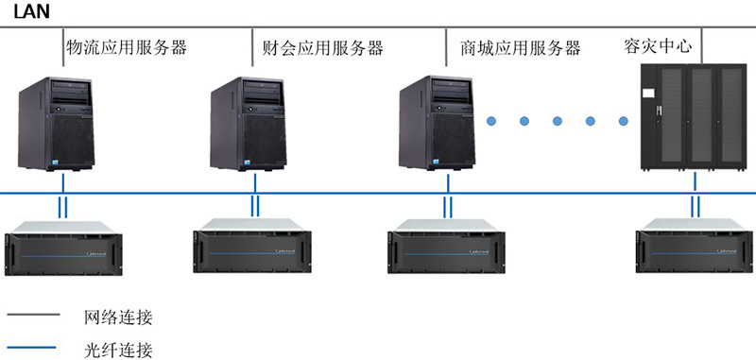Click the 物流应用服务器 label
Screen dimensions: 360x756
tap(127, 46)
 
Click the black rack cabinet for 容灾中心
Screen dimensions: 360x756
tap(694, 118)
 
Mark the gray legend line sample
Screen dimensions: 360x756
tap(34, 315)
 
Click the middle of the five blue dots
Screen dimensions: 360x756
tap(558, 120)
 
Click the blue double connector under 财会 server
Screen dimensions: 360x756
tap(253, 206)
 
